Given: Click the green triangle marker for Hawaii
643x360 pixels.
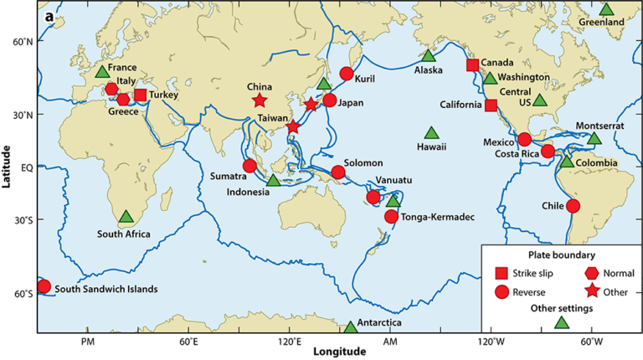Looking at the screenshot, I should (431, 133).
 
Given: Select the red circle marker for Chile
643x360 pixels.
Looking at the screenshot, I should (573, 206).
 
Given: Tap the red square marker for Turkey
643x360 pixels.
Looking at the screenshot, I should (141, 95).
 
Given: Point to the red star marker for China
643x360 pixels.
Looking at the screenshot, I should (259, 101).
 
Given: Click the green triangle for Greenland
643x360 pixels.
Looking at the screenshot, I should (608, 11).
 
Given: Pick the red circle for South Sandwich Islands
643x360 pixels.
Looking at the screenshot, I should (44, 286).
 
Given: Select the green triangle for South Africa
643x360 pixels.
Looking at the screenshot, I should (126, 217).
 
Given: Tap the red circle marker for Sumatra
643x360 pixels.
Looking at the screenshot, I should (249, 166).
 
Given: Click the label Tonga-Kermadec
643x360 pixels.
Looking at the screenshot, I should (439, 218).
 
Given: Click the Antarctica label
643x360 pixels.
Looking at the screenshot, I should (379, 323).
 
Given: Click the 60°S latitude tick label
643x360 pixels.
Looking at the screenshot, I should (23, 294).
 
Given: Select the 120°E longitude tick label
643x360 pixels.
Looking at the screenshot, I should (290, 342).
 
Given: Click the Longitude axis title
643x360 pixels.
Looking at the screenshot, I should (339, 352).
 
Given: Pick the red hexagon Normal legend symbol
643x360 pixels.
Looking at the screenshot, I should (592, 273).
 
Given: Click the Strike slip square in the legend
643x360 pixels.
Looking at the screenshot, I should (502, 273).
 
